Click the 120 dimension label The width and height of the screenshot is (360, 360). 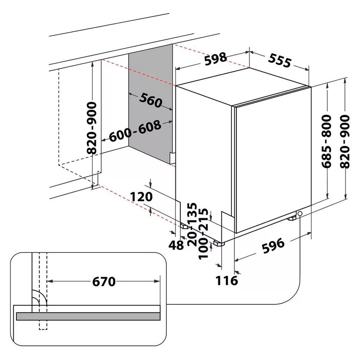point(141,197)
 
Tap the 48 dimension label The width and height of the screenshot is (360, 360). point(176,245)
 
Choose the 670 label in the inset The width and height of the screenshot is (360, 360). point(104,282)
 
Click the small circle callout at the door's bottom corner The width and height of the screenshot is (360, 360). point(300,213)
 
